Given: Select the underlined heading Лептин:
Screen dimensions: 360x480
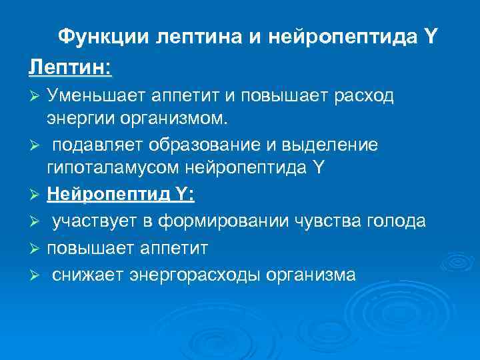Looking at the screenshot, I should coord(70,67).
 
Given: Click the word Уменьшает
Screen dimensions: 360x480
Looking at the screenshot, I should coord(102,96).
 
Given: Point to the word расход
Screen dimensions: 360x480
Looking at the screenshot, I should coord(364,96).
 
